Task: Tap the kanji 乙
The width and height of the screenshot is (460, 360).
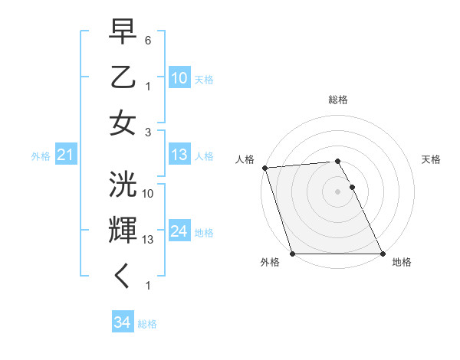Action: tap(123, 78)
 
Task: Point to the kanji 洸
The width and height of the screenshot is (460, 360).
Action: tap(123, 186)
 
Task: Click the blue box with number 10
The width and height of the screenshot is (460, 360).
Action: tap(179, 78)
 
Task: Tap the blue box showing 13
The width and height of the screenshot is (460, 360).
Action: tap(179, 155)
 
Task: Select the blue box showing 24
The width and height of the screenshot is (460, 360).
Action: tap(179, 231)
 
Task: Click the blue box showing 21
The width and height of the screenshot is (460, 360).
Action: tap(65, 155)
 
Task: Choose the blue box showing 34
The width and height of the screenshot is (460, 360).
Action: tap(122, 322)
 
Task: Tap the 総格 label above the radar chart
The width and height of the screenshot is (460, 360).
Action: tap(338, 100)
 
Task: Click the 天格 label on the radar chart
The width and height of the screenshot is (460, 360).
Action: tap(431, 159)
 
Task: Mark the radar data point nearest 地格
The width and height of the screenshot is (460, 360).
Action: tap(383, 254)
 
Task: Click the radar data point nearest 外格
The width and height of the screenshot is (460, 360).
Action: tap(293, 254)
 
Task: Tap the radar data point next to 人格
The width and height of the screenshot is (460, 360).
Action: tap(264, 168)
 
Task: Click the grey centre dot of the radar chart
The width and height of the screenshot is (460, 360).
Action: tap(338, 191)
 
